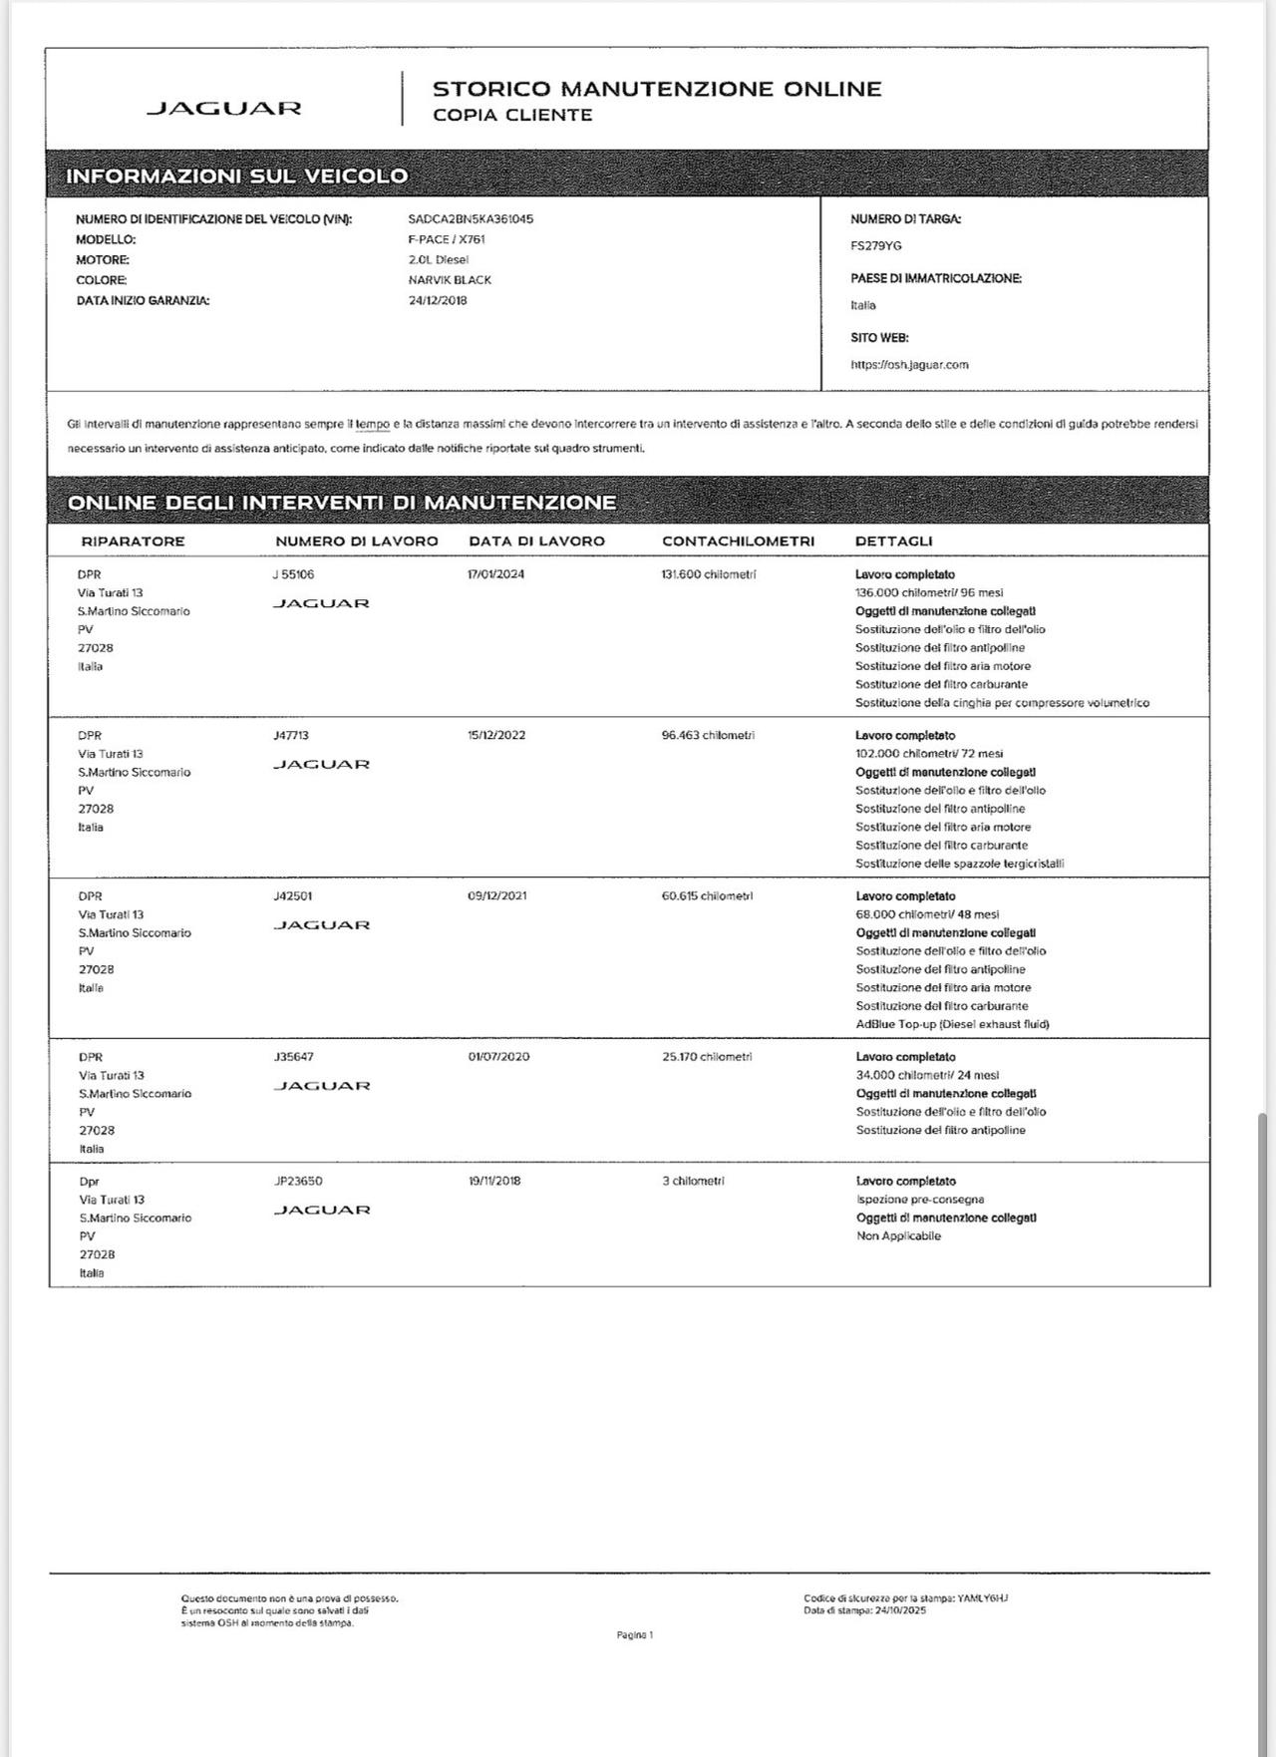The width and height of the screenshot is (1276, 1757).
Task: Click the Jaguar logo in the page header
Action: (224, 108)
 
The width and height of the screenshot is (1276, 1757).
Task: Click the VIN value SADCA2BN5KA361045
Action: (471, 218)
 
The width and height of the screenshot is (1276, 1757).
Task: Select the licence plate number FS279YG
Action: (876, 245)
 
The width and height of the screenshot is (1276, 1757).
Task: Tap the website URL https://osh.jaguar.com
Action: (909, 364)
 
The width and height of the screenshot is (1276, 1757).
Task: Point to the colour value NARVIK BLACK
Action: (450, 280)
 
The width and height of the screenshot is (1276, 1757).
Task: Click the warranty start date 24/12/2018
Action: (438, 300)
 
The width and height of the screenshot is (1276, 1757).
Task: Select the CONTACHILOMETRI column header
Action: (738, 540)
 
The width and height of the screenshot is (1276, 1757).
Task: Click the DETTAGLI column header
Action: (893, 540)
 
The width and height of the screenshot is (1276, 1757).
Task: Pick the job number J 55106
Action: (293, 574)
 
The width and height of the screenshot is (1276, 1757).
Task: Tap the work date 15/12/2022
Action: (496, 735)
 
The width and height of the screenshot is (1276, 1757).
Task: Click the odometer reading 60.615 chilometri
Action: (707, 895)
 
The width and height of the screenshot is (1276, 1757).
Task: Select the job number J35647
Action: (293, 1056)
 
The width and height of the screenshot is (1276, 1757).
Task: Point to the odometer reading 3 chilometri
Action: (693, 1181)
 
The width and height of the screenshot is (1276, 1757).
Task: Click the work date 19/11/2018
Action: (494, 1181)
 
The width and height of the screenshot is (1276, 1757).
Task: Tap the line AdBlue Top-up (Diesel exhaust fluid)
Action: (952, 1024)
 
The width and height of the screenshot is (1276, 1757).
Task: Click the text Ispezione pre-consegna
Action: (920, 1200)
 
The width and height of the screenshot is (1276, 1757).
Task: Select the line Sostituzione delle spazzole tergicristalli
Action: (959, 864)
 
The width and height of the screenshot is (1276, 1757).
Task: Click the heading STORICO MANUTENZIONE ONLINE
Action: (657, 89)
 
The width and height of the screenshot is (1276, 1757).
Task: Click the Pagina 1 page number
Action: (635, 1635)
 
